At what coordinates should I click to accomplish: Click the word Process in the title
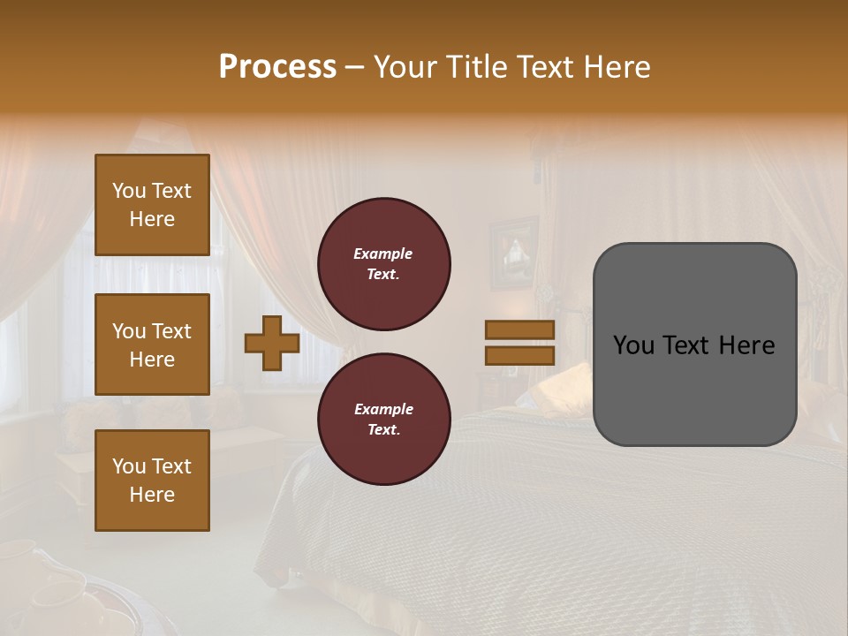277,67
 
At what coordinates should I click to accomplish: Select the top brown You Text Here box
152,205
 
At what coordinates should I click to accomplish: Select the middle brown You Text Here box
152,344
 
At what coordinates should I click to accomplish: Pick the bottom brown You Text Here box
152,481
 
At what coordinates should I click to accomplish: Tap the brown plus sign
272,344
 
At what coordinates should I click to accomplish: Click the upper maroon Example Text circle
383,264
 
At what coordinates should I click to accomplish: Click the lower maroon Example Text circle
383,420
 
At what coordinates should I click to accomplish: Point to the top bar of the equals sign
520,330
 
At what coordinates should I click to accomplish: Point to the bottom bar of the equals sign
520,355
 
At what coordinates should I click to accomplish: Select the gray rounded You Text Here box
694,344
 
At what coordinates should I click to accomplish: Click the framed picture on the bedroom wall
513,253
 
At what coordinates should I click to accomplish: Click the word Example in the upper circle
383,254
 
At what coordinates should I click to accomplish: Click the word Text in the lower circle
383,430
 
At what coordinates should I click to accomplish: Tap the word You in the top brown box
129,191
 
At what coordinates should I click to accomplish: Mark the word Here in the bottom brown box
152,495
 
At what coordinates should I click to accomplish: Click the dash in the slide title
354,67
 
